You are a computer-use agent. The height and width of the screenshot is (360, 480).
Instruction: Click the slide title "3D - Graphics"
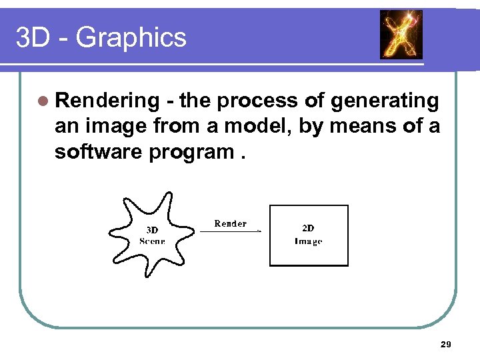pos(101,38)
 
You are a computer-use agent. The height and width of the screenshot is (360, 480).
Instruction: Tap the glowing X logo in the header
pos(401,35)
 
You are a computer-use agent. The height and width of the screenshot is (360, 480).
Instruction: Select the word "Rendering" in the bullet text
pos(107,101)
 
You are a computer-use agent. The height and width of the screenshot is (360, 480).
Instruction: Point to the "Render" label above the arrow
pos(230,223)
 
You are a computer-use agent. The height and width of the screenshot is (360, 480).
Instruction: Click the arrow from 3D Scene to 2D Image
pos(230,232)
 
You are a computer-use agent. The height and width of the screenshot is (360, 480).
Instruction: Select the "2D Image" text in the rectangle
pos(308,235)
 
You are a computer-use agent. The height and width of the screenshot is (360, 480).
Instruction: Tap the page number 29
pos(446,344)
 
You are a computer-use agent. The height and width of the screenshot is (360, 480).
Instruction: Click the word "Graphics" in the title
pos(131,38)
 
